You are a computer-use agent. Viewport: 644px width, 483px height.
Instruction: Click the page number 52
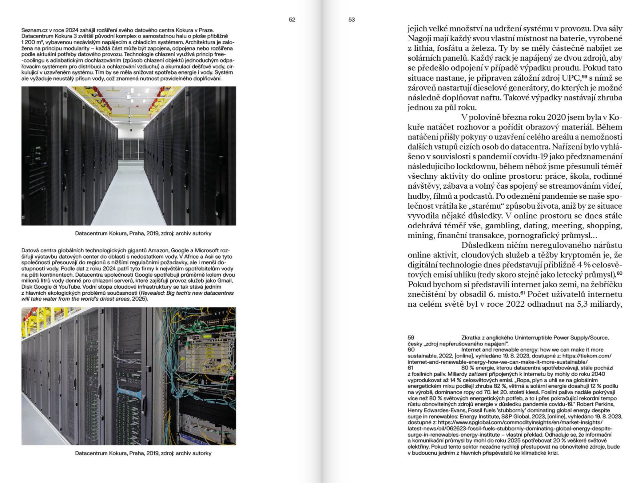pos(292,20)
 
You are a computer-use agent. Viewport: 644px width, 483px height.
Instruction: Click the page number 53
pos(352,20)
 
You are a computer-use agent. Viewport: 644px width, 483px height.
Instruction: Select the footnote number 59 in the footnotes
pos(411,338)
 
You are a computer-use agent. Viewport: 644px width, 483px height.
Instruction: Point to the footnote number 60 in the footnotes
pos(411,350)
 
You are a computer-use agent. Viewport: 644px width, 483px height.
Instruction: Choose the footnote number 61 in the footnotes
pos(411,368)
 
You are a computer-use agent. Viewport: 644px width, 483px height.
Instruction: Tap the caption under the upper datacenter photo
pos(143,234)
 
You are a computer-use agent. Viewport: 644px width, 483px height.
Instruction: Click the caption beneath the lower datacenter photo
pos(143,453)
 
